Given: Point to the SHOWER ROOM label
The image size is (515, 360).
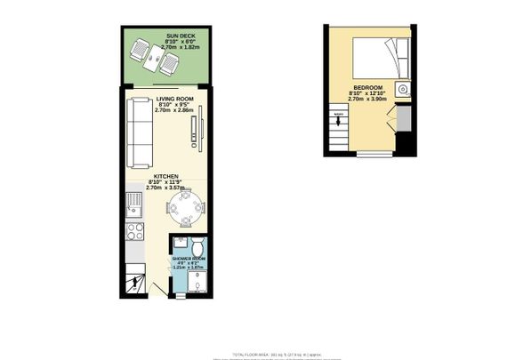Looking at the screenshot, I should point(189,259).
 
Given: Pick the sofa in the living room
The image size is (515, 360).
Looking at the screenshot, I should point(138,132).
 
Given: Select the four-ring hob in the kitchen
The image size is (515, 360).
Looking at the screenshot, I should point(134,234).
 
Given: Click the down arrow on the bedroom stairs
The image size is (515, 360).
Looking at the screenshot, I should point(339,121).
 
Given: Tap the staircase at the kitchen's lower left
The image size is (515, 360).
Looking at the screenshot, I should point(134,282).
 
